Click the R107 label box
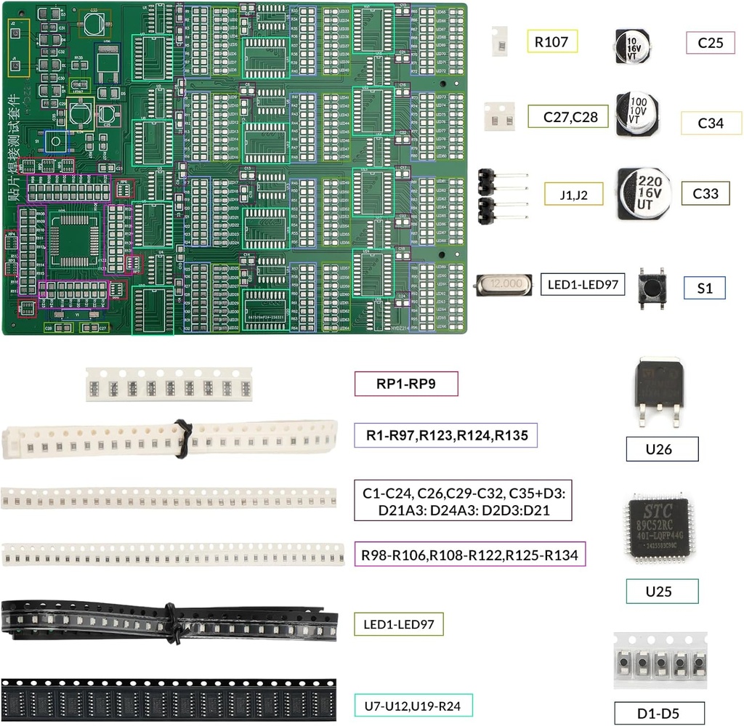[x=551, y=41]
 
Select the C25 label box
[x=710, y=43]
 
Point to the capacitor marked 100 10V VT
[x=637, y=113]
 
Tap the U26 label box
[x=662, y=449]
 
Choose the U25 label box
[x=662, y=592]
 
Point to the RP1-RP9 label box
[x=406, y=384]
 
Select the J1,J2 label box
[x=573, y=194]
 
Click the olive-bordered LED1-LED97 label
[x=399, y=623]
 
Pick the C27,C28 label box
[x=567, y=116]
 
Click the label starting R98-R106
[x=469, y=555]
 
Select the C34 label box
[x=711, y=124]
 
